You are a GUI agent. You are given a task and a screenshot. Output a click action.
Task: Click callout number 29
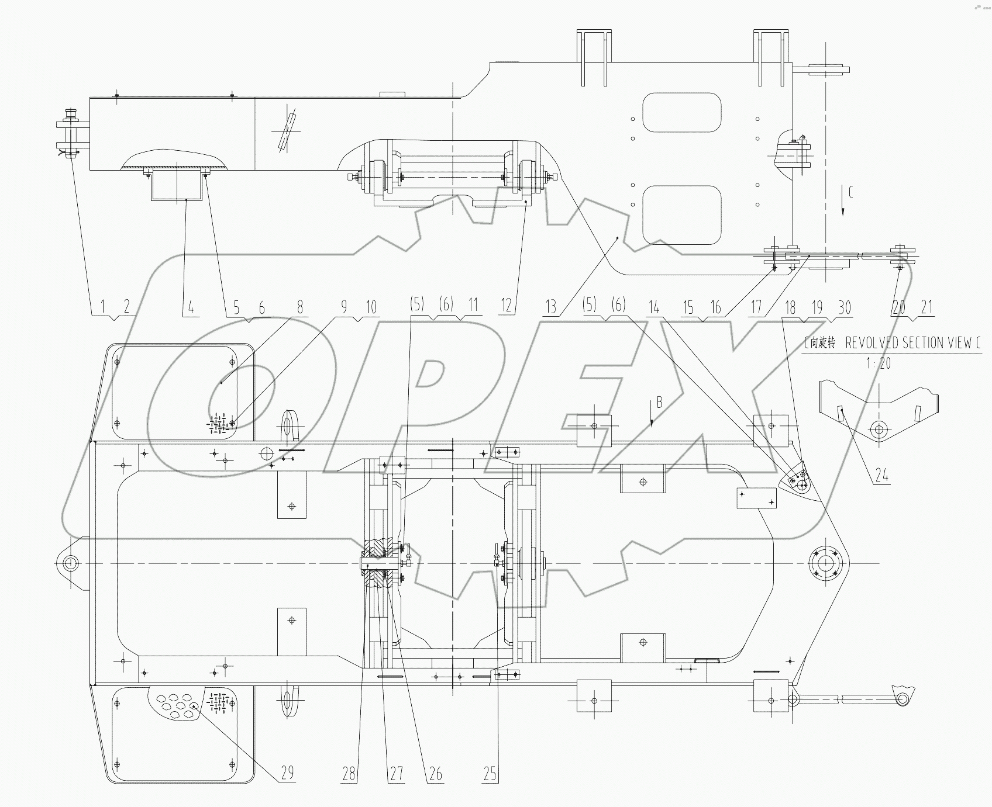click(x=287, y=773)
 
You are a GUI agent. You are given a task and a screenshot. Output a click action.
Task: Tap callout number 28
click(x=349, y=775)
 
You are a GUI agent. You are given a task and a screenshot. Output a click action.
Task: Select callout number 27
click(x=397, y=775)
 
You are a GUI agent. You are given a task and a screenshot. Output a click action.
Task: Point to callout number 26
click(x=436, y=775)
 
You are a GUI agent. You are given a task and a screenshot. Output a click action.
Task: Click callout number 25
click(x=490, y=775)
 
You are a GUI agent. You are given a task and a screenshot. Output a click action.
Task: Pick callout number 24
click(x=882, y=475)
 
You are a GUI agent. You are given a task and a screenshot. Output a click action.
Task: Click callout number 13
click(x=550, y=306)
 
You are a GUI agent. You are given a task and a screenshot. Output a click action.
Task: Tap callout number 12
click(x=507, y=305)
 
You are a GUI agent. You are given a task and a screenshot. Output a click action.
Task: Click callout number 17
click(x=756, y=307)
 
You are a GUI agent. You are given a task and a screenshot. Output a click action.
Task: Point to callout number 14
click(x=654, y=307)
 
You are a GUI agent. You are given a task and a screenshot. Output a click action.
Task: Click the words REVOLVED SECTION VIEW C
click(x=913, y=343)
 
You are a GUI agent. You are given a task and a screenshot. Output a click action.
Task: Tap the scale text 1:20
click(x=879, y=363)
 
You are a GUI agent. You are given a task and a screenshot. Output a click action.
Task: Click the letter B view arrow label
click(x=659, y=402)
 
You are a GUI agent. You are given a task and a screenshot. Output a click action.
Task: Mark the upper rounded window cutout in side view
click(x=681, y=112)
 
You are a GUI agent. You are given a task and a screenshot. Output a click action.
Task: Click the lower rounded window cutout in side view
click(x=681, y=215)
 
